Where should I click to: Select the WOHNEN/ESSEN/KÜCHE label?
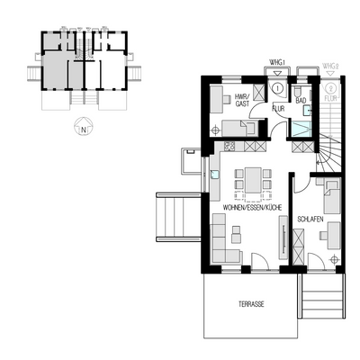247,208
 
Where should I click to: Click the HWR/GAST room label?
241,101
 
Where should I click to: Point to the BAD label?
302,101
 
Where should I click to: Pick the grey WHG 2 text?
330,67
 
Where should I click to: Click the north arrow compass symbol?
83,127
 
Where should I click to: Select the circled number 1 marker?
277,89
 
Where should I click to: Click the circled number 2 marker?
330,89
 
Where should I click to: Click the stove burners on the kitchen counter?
229,146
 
